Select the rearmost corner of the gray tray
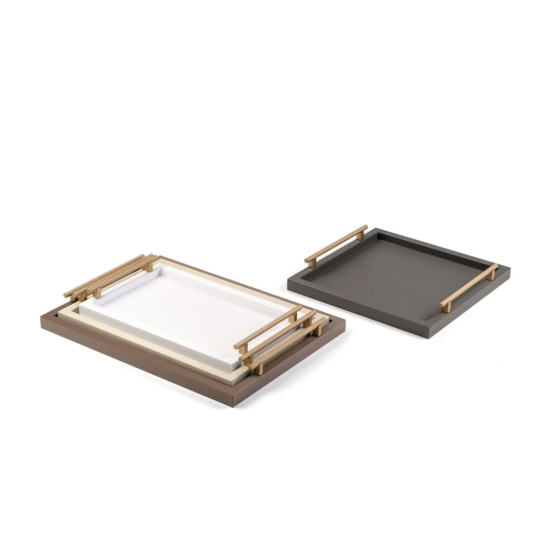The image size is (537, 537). [x=376, y=229]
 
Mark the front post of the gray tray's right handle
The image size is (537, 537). [x=446, y=306]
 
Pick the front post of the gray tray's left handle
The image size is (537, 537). [x=312, y=263]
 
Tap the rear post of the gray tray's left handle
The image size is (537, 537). [x=360, y=235]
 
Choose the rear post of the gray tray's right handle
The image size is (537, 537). [x=491, y=274]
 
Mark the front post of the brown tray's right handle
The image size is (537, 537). [x=258, y=369]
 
